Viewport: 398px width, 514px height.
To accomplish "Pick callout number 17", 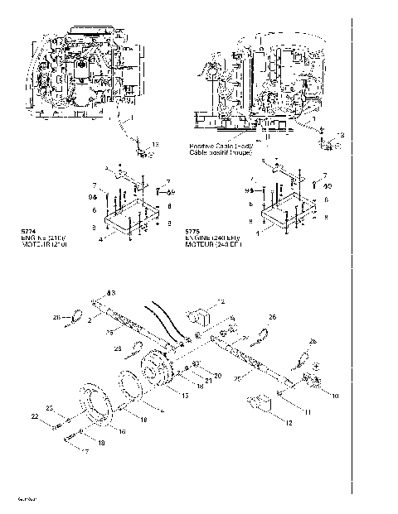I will tap(82, 450).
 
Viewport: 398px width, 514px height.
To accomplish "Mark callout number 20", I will tap(218, 375).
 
